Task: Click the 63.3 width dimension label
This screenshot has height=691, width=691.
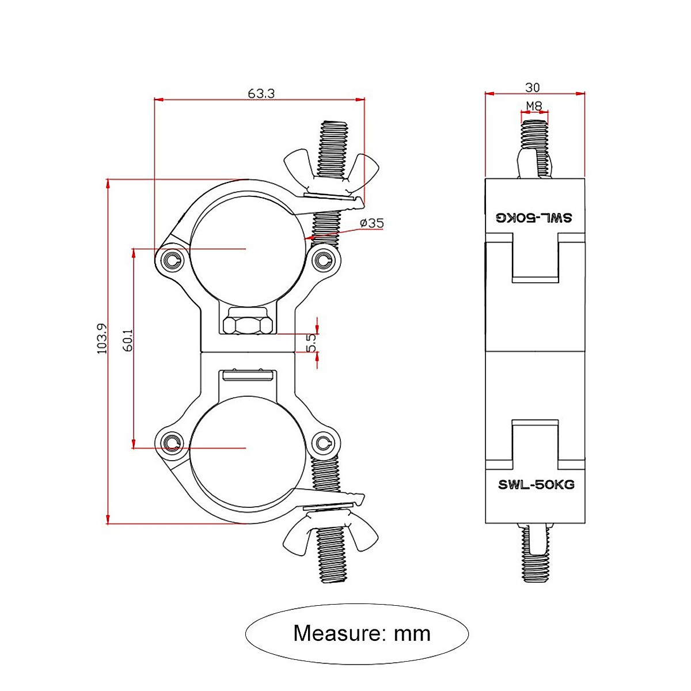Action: click(x=261, y=93)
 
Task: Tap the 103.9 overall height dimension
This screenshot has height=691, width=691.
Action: click(x=102, y=338)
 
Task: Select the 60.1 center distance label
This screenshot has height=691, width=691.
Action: click(x=128, y=340)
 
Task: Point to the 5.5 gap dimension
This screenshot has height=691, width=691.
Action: click(x=312, y=343)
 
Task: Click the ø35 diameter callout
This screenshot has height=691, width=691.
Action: click(x=371, y=223)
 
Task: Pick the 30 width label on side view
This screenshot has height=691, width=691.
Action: click(x=533, y=88)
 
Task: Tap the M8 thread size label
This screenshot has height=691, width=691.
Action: click(x=534, y=106)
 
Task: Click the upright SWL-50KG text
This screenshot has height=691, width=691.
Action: click(x=536, y=484)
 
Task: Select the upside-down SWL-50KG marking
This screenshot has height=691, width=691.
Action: click(x=535, y=218)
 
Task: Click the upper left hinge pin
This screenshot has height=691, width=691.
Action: click(x=172, y=260)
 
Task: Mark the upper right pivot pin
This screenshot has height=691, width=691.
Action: click(x=324, y=260)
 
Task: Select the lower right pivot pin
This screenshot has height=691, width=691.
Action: click(x=324, y=443)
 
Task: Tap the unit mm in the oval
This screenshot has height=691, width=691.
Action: click(x=412, y=634)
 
